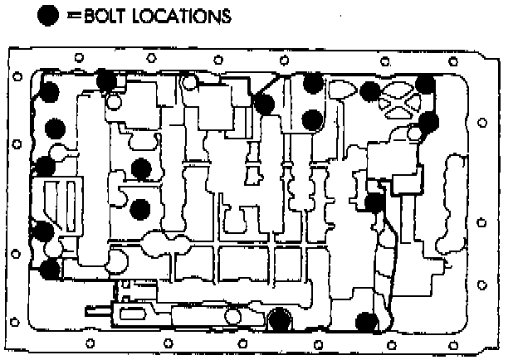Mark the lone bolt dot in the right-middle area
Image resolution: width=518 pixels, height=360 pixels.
click(374, 202)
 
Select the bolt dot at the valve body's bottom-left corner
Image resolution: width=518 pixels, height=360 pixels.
click(50, 268)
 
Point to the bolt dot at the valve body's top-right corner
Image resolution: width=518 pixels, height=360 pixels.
click(425, 85)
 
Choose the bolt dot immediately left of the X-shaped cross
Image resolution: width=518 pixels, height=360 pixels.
click(371, 92)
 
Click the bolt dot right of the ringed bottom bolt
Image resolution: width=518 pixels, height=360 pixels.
click(366, 322)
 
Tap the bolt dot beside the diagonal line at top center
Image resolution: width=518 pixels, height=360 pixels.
click(264, 105)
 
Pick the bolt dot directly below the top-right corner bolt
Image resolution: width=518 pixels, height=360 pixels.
click(428, 123)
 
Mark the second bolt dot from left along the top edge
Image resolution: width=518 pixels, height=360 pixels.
click(106, 80)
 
